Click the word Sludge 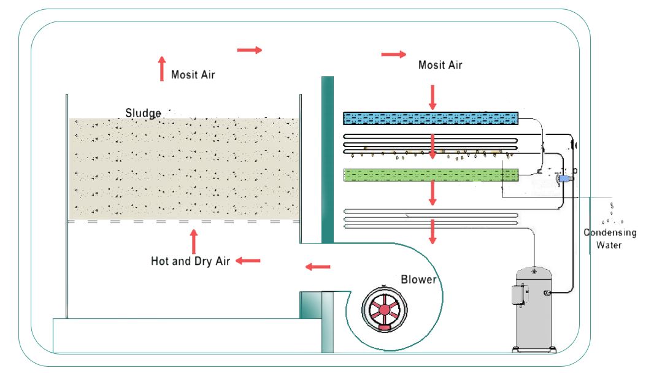coord(143,113)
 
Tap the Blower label coord(418,280)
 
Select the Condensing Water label coord(610,239)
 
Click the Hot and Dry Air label coord(190,261)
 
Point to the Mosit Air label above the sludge coord(193,75)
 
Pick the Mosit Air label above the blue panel coord(440,64)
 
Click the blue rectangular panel coord(431,118)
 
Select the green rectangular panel coord(431,175)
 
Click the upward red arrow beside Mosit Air coord(162,68)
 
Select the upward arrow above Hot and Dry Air coord(193,241)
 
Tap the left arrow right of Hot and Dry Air coord(248,261)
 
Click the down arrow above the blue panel coord(433,97)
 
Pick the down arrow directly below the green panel coord(433,193)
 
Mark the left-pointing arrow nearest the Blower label coord(318,266)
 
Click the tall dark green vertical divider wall coord(328,159)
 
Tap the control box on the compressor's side coord(519,295)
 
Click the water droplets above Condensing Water coord(612,214)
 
